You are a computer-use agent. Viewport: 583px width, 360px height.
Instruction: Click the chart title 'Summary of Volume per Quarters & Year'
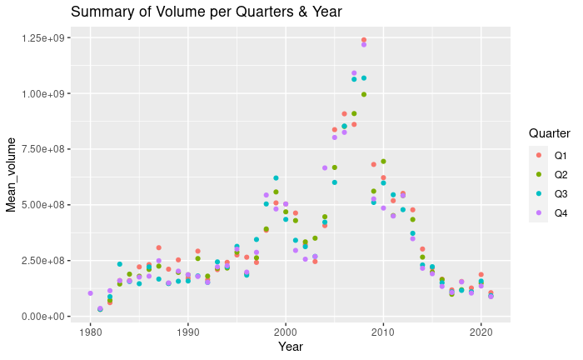207,12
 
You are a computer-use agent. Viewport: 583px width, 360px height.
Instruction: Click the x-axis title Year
291,346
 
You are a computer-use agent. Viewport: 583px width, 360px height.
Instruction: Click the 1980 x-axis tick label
90,331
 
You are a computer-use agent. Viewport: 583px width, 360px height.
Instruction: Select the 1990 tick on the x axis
188,331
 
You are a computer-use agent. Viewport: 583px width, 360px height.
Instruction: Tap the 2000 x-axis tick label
286,331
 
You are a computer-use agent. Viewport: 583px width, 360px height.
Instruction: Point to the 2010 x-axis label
384,331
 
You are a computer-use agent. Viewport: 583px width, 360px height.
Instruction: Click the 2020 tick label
481,331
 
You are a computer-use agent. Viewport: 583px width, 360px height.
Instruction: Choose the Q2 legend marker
538,175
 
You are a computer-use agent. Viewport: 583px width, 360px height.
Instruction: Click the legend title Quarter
549,133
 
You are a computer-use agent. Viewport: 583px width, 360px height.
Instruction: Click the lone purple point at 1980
90,293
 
